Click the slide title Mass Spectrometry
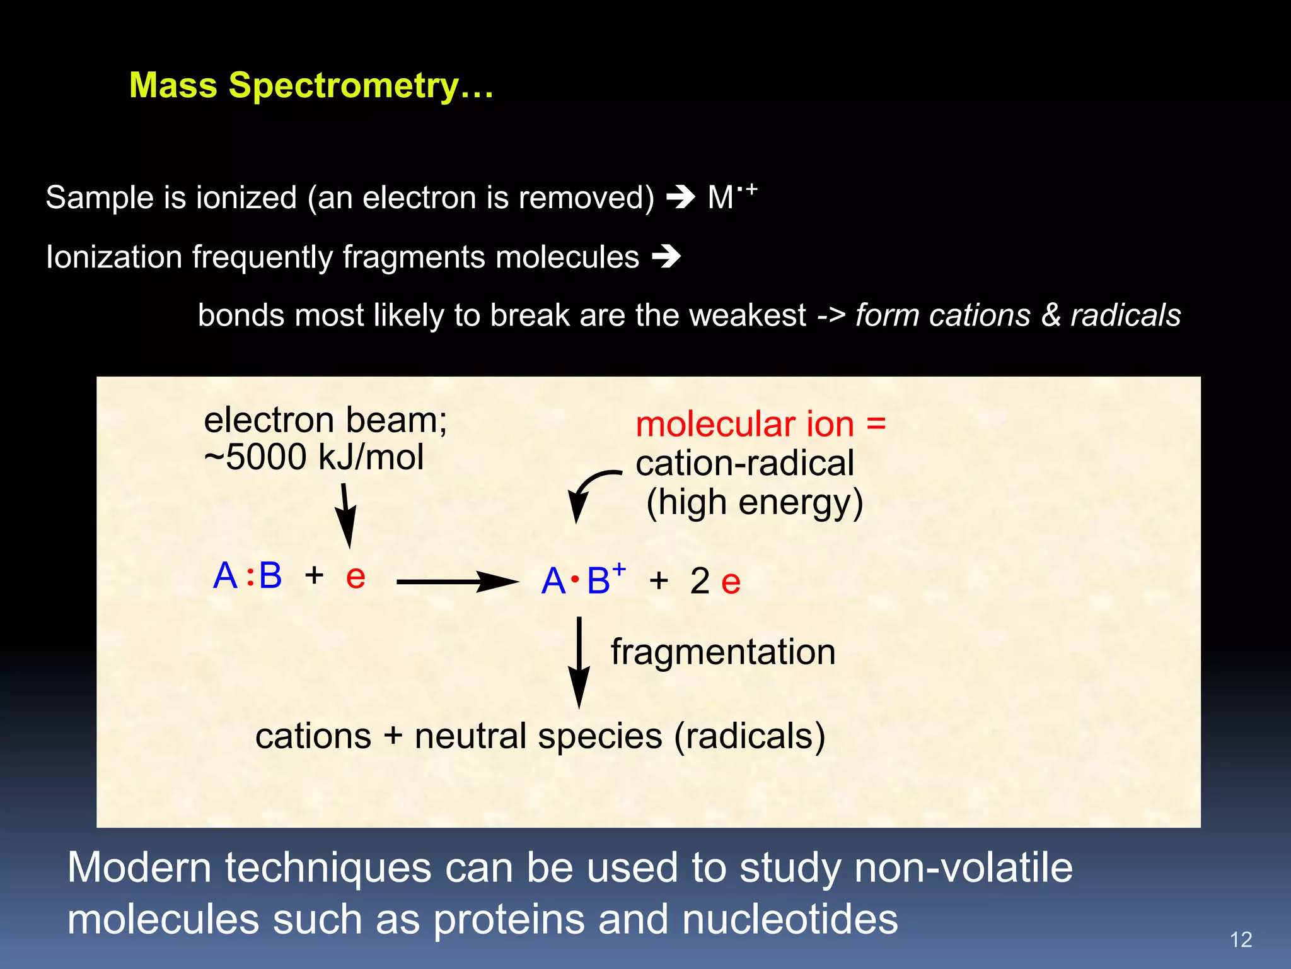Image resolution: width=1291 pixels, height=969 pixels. click(x=311, y=85)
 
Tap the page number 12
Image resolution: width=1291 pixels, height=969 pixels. click(x=1241, y=939)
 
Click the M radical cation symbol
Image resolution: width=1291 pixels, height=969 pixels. click(x=731, y=197)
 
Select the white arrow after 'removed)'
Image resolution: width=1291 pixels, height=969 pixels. click(x=680, y=197)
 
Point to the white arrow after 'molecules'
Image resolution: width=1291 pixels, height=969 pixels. click(x=666, y=257)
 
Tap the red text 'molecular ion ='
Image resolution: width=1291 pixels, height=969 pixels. click(x=760, y=423)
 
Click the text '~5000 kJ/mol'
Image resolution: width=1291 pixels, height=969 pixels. click(x=314, y=457)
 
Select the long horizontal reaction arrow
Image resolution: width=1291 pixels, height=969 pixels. click(x=456, y=581)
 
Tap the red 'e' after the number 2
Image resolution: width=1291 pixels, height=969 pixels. click(x=731, y=582)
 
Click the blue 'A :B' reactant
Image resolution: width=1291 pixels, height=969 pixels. click(x=247, y=575)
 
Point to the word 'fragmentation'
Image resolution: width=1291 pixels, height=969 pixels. click(x=722, y=652)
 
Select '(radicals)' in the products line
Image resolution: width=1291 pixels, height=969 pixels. click(x=750, y=736)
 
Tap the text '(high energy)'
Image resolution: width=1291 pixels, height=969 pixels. click(x=755, y=503)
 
